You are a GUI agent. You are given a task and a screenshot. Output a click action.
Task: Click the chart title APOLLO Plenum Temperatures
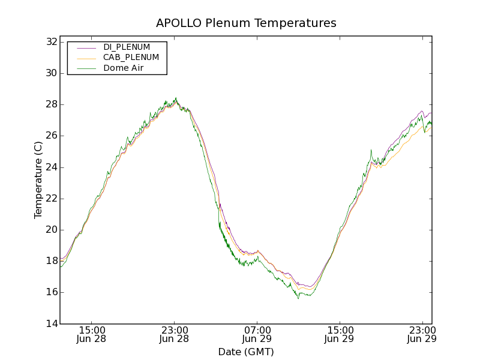(x=246, y=23)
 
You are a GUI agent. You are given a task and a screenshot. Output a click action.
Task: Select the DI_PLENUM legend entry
(x=127, y=47)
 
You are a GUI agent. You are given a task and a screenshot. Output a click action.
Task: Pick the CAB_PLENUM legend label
(x=131, y=58)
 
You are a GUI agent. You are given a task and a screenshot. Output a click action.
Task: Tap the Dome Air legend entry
(x=123, y=68)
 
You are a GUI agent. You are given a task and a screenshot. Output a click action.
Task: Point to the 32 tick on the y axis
(x=50, y=42)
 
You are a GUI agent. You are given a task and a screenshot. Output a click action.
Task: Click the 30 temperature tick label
(x=50, y=73)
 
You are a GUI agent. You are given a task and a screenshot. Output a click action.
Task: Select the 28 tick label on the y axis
(x=50, y=104)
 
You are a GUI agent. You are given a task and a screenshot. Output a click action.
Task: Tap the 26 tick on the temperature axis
(x=50, y=136)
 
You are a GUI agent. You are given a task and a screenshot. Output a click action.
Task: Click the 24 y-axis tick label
(x=50, y=167)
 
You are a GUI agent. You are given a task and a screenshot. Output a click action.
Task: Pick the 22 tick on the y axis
(x=50, y=199)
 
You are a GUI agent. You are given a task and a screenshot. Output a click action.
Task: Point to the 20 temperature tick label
(x=50, y=230)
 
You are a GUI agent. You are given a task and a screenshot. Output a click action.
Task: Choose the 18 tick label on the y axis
(x=50, y=261)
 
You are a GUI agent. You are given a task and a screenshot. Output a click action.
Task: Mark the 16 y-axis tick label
(x=50, y=292)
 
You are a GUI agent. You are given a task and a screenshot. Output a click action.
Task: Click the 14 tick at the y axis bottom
(x=50, y=323)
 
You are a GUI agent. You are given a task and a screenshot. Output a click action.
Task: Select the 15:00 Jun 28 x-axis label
(x=92, y=334)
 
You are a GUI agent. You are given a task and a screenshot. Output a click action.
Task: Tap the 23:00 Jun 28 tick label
(x=175, y=334)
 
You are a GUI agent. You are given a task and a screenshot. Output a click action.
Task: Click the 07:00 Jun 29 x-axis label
(x=257, y=334)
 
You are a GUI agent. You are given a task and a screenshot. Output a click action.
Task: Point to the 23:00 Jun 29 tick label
(x=422, y=334)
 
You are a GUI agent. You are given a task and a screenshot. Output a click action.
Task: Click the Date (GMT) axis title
(x=246, y=352)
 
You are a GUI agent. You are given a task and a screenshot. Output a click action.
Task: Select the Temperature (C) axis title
(x=38, y=180)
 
